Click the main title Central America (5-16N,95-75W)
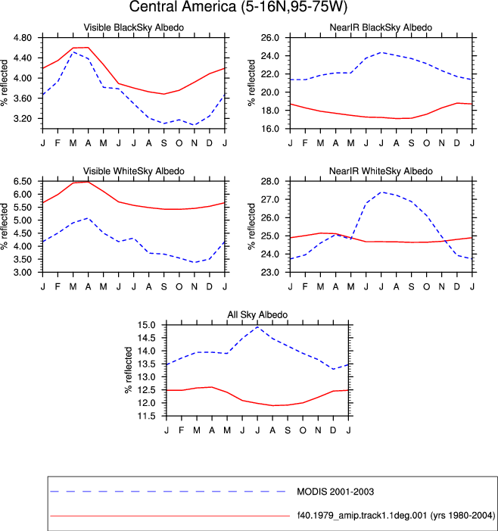click(x=238, y=7)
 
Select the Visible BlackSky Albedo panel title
click(x=134, y=27)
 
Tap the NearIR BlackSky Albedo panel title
click(x=381, y=27)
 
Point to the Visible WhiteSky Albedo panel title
click(x=134, y=171)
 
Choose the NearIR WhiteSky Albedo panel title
click(x=381, y=171)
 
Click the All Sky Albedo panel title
click(x=257, y=314)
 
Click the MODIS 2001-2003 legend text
click(x=335, y=492)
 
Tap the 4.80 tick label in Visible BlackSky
click(x=23, y=38)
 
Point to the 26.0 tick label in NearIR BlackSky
click(x=270, y=38)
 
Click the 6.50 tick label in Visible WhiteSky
click(x=23, y=181)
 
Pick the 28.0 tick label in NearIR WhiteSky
click(x=270, y=181)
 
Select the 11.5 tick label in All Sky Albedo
click(x=146, y=416)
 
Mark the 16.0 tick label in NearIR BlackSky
click(x=270, y=129)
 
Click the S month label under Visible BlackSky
click(x=163, y=143)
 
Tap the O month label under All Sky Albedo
click(x=303, y=430)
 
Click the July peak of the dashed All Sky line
click(x=258, y=326)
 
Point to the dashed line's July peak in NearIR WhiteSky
click(x=381, y=192)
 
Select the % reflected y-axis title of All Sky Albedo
click(x=128, y=370)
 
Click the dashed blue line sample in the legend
click(x=168, y=492)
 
